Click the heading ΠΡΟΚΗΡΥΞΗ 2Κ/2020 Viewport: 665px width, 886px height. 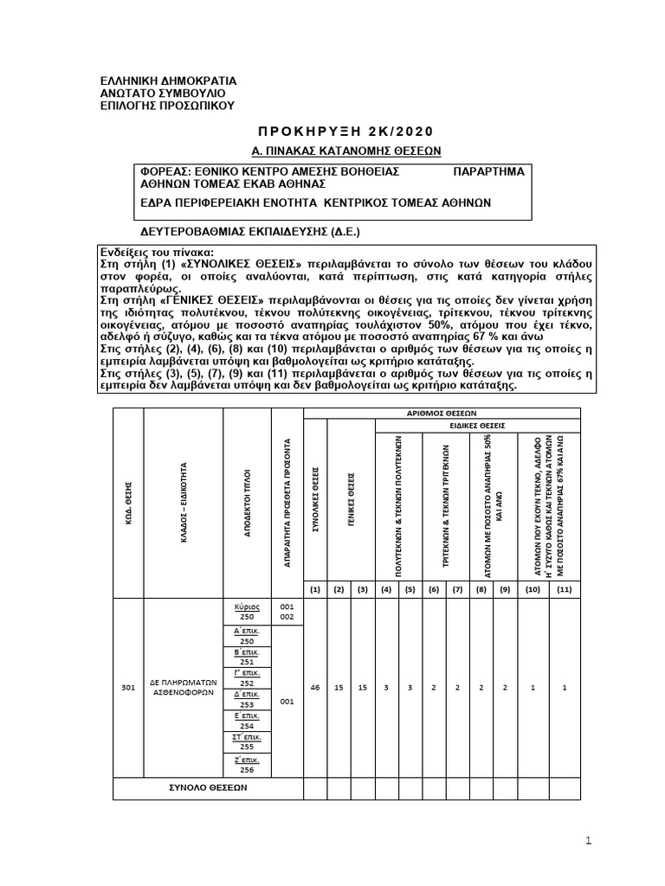345,132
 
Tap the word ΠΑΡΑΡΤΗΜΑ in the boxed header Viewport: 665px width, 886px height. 489,171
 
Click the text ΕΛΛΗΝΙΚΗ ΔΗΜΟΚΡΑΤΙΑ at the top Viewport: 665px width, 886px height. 169,80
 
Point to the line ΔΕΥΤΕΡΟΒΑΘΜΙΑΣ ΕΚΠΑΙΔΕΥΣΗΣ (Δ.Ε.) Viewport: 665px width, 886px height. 250,233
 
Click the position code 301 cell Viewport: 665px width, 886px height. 128,688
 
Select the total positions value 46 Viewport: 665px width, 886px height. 315,688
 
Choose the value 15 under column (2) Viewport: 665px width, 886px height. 339,688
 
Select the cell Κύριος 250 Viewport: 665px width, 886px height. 247,612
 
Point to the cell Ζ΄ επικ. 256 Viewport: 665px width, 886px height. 247,765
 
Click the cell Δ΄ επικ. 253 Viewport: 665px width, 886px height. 247,699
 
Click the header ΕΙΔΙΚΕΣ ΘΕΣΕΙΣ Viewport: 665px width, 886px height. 477,426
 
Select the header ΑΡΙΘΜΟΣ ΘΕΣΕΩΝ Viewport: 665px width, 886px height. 442,414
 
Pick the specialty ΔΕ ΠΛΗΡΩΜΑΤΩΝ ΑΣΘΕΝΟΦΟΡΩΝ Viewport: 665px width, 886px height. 184,689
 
